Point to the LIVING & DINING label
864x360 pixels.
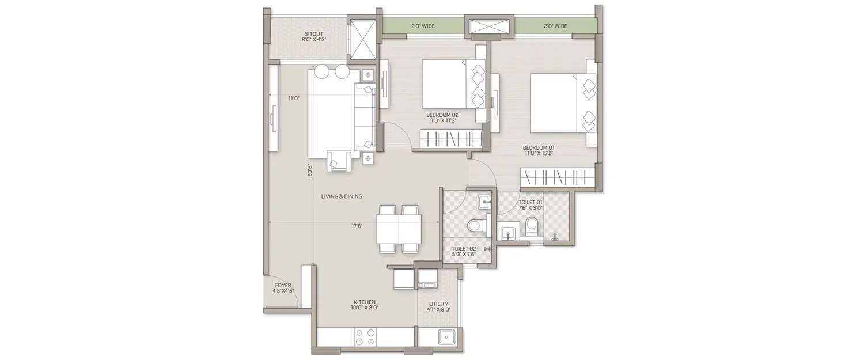(342, 196)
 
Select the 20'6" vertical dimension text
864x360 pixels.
(310, 170)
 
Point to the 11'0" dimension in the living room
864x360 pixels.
(293, 98)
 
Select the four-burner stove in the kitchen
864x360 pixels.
(365, 336)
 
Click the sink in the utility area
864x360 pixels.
(446, 337)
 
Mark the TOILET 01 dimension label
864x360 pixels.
(530, 205)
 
